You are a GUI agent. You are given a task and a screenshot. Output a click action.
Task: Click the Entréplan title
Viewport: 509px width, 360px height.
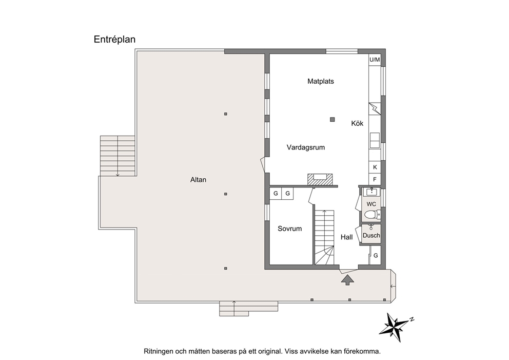[x=114, y=40]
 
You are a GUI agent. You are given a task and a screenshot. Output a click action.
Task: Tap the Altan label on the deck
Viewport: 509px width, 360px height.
[x=198, y=180]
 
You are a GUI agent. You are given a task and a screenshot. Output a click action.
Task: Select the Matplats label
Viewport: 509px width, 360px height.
[x=320, y=81]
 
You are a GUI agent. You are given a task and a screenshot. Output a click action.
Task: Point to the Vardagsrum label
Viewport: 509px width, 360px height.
[x=305, y=147]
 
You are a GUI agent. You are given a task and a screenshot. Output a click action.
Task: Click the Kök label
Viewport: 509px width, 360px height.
[x=357, y=123]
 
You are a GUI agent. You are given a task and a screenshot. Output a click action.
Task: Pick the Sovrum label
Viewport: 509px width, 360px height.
[x=289, y=229]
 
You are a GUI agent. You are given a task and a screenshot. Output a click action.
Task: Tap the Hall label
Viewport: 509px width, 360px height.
[x=346, y=237]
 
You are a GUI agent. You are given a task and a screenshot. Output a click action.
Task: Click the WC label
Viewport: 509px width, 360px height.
[x=371, y=204]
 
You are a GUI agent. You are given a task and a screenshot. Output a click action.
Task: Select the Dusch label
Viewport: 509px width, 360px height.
[x=371, y=236]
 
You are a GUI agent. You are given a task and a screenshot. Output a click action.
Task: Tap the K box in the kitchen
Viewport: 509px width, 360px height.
[x=375, y=167]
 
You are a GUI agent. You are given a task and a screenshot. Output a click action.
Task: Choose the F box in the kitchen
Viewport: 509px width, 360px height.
[x=375, y=179]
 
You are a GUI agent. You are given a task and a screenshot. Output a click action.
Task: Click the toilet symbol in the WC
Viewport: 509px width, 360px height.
[x=373, y=215]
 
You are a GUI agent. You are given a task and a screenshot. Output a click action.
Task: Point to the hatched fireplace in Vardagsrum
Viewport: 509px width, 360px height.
[x=320, y=179]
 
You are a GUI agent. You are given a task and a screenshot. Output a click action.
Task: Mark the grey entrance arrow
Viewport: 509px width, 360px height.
[x=348, y=280]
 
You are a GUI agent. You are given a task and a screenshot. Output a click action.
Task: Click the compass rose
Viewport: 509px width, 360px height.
[x=396, y=327]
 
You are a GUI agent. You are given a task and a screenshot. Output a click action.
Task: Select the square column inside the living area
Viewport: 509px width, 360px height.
[x=332, y=120]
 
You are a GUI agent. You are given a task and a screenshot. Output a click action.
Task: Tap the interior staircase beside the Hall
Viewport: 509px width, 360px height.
[x=324, y=237]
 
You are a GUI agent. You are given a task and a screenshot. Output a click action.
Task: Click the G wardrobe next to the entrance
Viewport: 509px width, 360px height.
[x=376, y=256]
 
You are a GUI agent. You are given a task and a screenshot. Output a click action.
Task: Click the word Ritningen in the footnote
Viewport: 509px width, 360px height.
[x=158, y=352]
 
